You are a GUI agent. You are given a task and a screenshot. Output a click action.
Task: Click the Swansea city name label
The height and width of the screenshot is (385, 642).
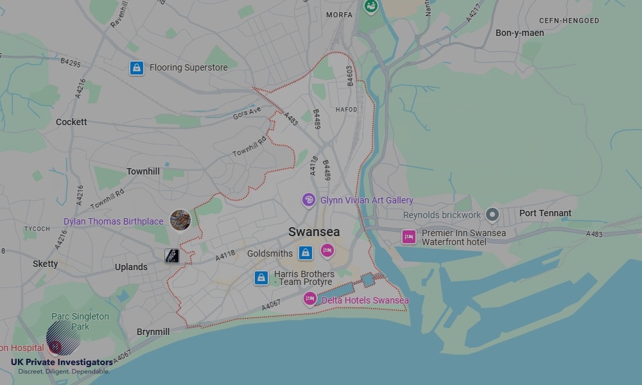point(314,232)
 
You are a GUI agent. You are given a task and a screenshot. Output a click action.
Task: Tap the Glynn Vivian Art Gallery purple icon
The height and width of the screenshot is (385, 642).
point(309,200)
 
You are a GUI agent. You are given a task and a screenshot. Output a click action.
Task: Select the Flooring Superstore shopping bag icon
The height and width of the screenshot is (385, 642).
point(136,67)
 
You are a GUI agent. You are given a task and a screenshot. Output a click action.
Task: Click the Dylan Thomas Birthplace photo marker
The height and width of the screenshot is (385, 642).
point(180,220)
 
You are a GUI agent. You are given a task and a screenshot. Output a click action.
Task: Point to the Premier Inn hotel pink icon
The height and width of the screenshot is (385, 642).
point(409,237)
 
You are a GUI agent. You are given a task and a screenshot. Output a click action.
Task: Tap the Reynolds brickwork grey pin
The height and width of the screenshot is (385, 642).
point(492,214)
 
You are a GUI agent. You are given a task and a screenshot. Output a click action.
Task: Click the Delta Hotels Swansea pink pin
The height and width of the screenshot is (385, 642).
point(310,299)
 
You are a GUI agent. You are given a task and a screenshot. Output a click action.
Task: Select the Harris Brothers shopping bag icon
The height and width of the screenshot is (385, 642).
point(261,277)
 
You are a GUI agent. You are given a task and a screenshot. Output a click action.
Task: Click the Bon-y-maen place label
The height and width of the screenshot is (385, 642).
point(519,33)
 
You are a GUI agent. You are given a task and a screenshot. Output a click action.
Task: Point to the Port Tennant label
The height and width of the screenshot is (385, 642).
point(545,213)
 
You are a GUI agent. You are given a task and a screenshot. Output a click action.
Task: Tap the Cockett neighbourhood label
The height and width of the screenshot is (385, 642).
point(71,122)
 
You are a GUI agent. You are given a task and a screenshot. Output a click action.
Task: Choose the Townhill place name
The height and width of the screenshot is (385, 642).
point(143,171)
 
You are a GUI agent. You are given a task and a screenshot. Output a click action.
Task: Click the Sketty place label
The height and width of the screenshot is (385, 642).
point(45,264)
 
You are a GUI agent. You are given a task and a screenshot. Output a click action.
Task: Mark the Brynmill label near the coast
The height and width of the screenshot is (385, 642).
point(153,332)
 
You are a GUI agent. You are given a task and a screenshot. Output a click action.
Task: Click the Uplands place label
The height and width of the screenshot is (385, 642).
point(131,267)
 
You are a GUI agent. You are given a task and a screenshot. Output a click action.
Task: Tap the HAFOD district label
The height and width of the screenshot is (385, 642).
point(346,110)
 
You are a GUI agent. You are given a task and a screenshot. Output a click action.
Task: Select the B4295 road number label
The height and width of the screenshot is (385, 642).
point(71,64)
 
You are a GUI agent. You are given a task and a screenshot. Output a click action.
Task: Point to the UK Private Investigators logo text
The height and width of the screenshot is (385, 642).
point(62,363)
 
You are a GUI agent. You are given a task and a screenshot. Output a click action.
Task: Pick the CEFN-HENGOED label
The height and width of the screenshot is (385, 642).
point(569,21)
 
